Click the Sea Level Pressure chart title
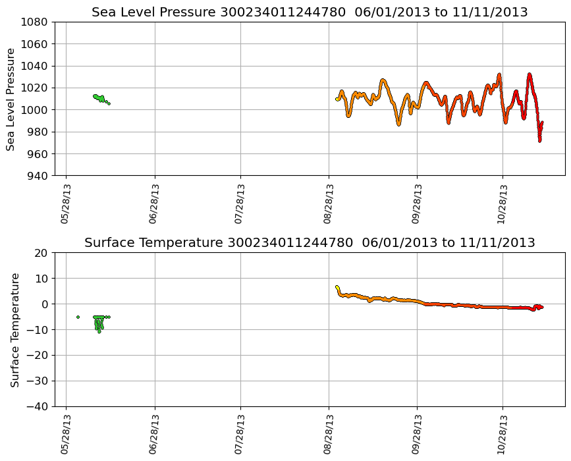310,13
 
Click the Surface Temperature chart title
310,243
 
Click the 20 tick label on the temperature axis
43,253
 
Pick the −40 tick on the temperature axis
39,406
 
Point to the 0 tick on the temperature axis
46,304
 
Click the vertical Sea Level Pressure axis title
11,99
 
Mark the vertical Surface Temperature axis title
14,329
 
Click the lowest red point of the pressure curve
539,140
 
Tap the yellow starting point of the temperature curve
337,287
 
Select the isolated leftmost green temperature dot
78,317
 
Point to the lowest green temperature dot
99,331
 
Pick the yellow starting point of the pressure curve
337,99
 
